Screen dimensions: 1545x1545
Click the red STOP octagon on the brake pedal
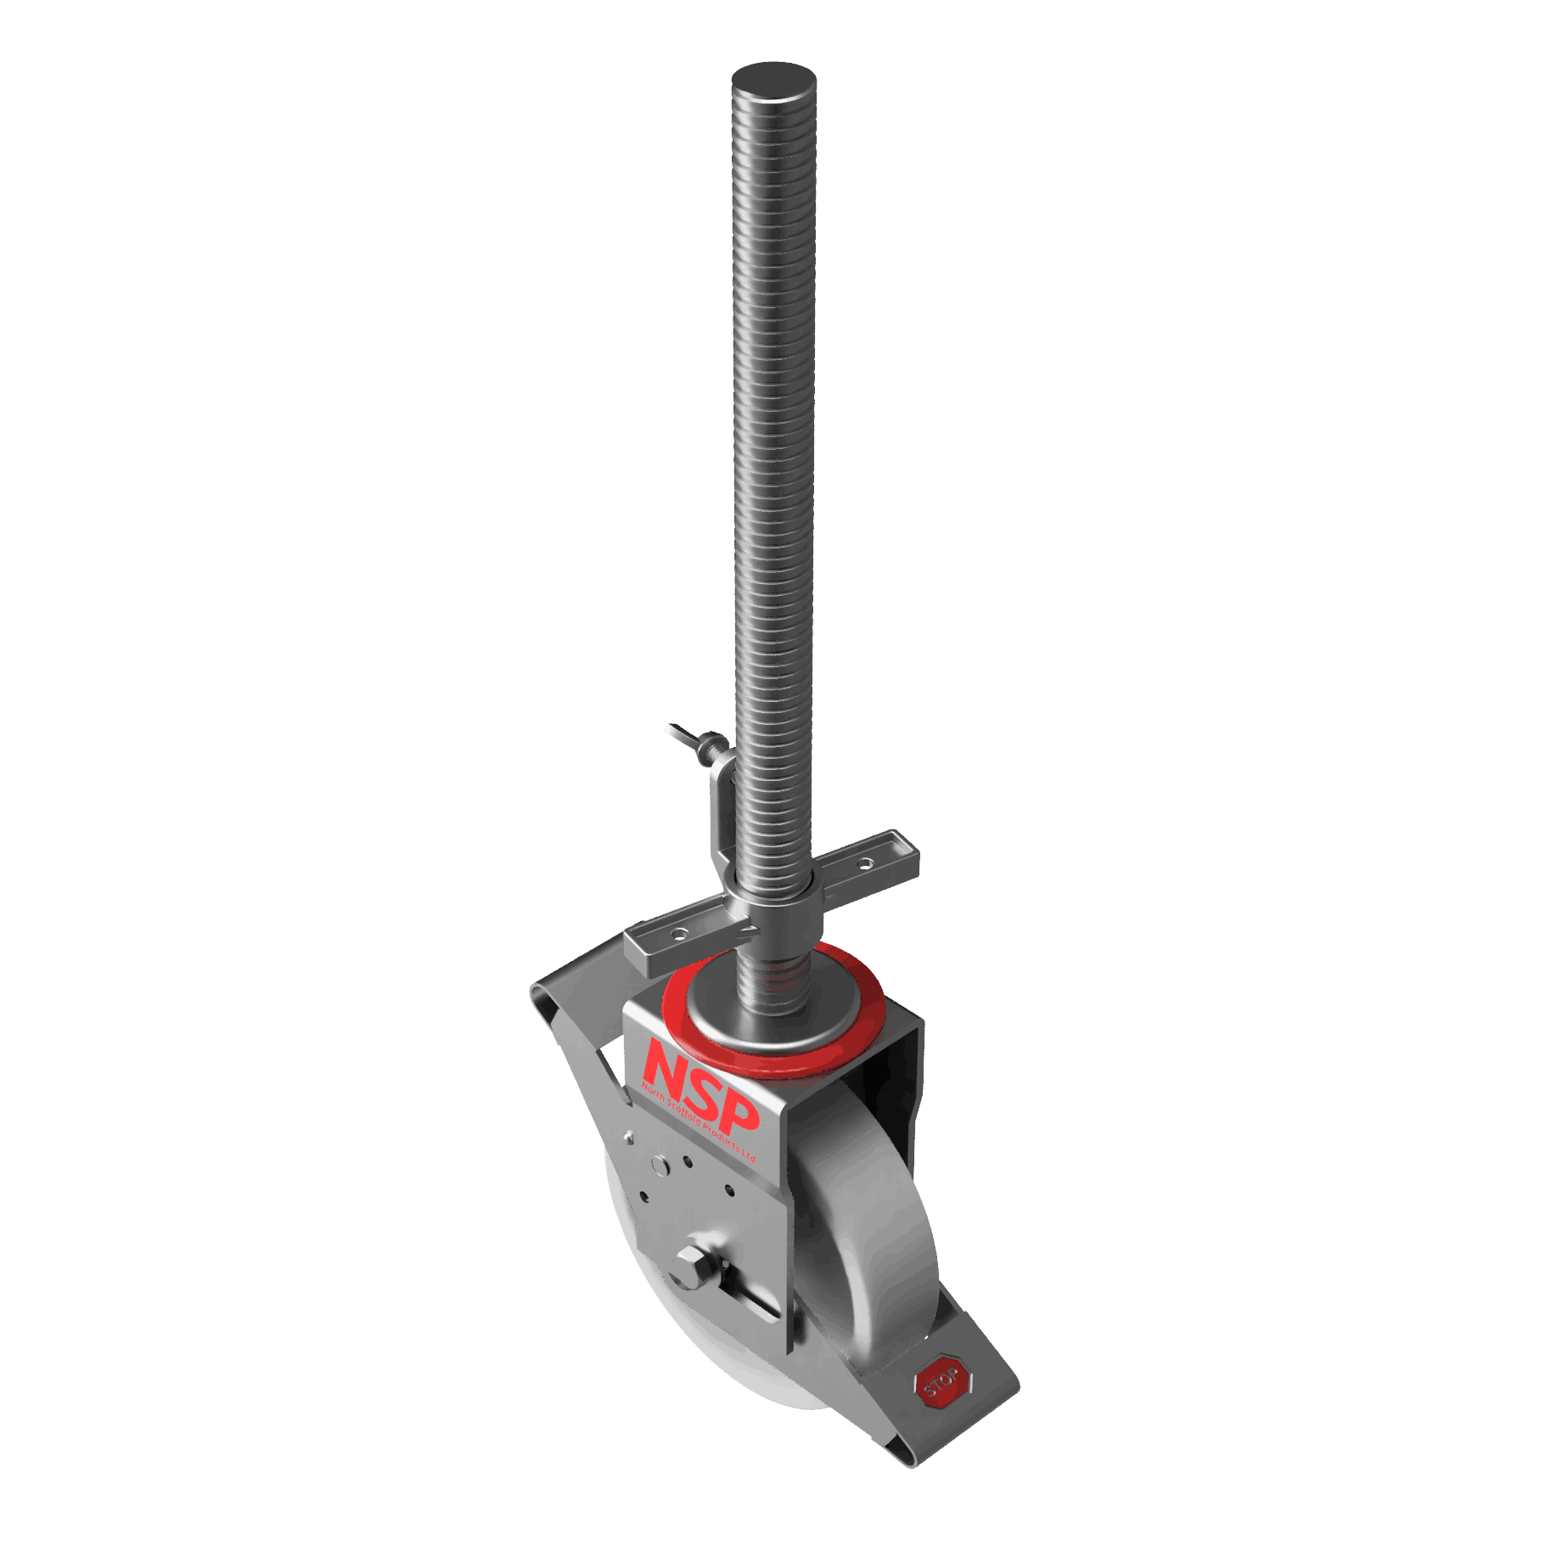[x=942, y=1385]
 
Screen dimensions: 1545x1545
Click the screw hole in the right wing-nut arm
[x=864, y=864]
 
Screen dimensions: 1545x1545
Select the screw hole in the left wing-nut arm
[x=678, y=934]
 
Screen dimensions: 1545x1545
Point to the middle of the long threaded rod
[x=772, y=467]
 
